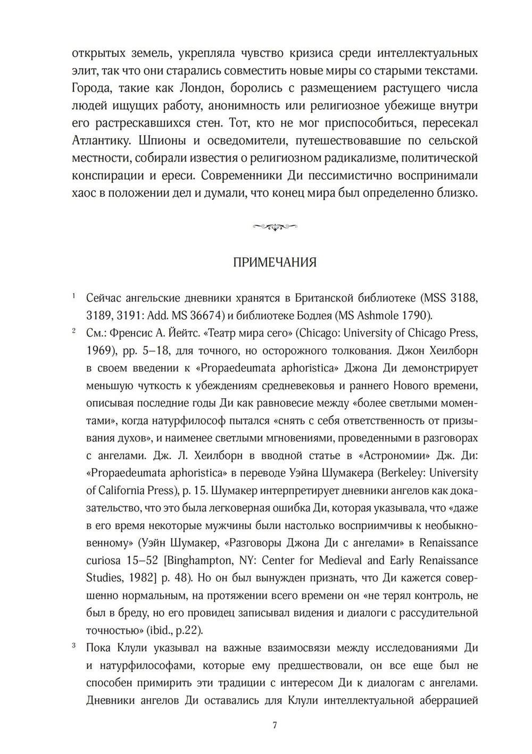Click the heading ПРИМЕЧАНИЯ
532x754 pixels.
pos(275,263)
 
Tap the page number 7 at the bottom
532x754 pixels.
pos(275,726)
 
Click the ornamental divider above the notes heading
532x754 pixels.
pos(275,228)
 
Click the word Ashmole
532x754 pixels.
pos(378,316)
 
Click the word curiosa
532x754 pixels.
pos(104,561)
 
